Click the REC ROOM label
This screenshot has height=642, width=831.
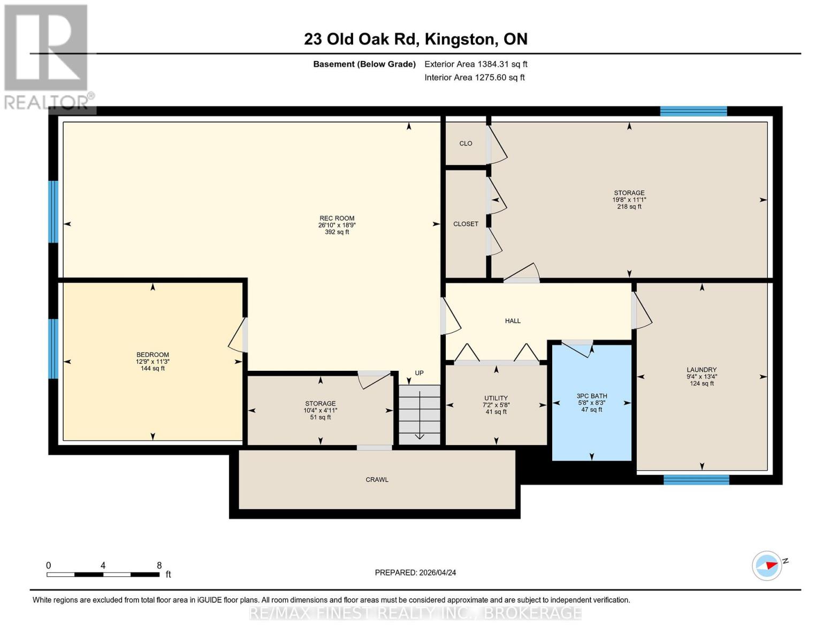tap(337, 218)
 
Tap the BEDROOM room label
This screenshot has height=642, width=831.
tap(153, 355)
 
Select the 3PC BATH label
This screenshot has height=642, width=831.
tap(591, 396)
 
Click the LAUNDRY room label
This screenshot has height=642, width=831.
tap(702, 370)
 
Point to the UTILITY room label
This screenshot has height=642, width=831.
tap(496, 398)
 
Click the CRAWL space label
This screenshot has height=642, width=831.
tap(377, 480)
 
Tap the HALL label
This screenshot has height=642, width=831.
tap(513, 321)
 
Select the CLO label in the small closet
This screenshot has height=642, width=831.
tap(466, 143)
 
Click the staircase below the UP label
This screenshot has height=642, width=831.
tap(420, 415)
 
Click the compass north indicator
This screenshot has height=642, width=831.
tap(767, 565)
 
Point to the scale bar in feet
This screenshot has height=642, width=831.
tap(103, 574)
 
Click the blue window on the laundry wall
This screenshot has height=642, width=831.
tap(696, 480)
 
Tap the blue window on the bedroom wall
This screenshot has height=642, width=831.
tap(53, 349)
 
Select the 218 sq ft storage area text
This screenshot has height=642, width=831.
tap(629, 207)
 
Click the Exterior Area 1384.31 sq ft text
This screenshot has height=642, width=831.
tap(476, 64)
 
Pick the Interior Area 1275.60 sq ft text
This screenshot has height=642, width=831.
tap(474, 78)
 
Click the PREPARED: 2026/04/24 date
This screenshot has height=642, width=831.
tap(415, 572)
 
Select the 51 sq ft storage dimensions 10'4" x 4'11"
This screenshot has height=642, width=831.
tap(320, 410)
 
